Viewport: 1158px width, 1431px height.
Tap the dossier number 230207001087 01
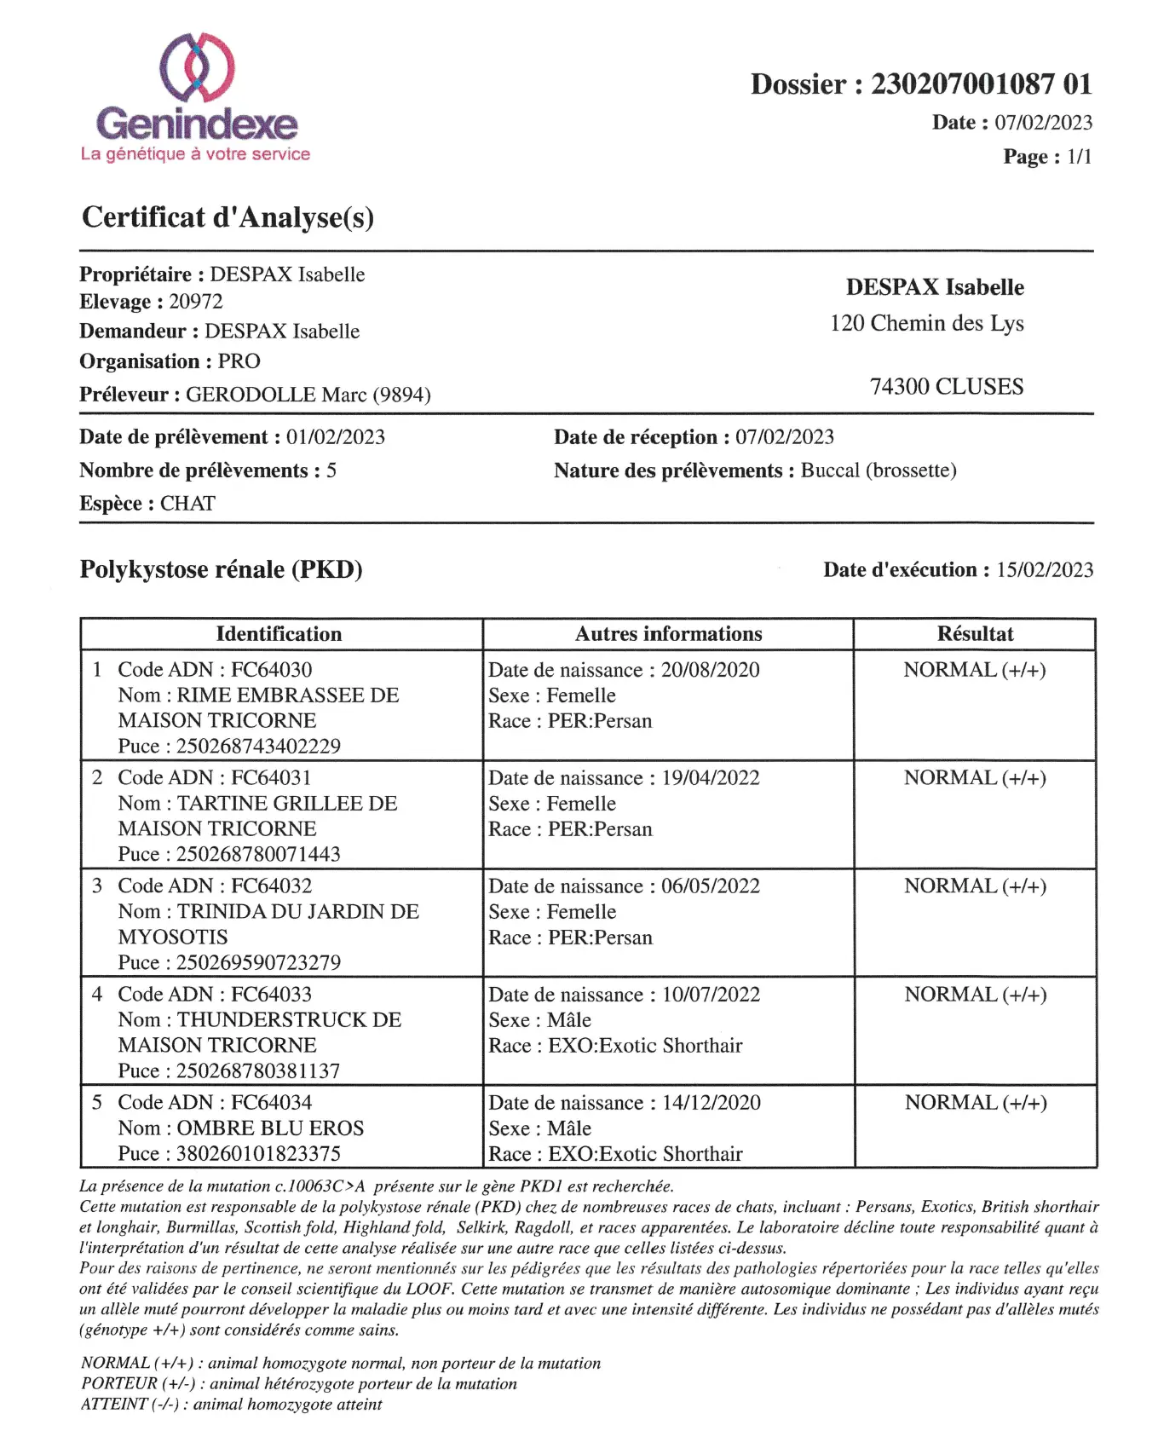(x=980, y=84)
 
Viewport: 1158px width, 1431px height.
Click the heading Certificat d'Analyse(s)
(x=228, y=217)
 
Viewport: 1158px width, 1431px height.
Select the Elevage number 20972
(x=196, y=302)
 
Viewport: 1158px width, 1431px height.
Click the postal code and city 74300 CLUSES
(x=946, y=387)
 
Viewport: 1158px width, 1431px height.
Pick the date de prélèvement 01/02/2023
(x=336, y=437)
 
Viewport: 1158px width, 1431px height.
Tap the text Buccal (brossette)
(x=879, y=470)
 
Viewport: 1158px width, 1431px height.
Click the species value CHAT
(x=187, y=504)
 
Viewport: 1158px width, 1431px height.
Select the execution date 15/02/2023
(x=1045, y=569)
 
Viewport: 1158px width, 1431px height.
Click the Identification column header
(x=279, y=634)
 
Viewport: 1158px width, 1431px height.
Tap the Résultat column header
(x=975, y=634)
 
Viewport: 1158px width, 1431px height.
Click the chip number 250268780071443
(x=258, y=854)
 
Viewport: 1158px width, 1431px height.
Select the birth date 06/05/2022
(x=711, y=886)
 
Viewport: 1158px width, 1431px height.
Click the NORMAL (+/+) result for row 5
(x=976, y=1103)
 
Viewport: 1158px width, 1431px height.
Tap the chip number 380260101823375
(x=258, y=1154)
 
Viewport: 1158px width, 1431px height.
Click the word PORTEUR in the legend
(x=119, y=1383)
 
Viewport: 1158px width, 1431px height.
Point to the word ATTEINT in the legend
(x=115, y=1404)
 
